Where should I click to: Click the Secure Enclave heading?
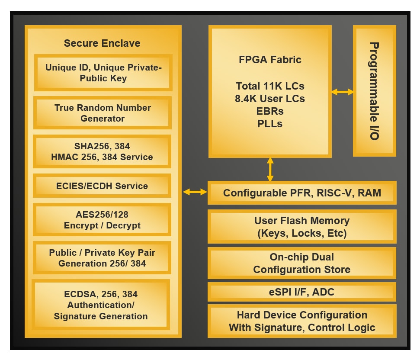click(x=102, y=43)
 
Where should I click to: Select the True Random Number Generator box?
click(x=103, y=113)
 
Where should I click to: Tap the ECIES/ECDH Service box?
click(x=102, y=186)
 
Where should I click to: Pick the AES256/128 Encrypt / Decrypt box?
click(x=102, y=220)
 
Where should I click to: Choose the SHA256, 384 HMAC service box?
click(x=102, y=151)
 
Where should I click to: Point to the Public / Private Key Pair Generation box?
click(x=102, y=258)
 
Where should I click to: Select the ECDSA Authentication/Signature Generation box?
click(x=101, y=305)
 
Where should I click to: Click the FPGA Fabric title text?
click(x=270, y=60)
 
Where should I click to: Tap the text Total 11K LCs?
click(x=270, y=86)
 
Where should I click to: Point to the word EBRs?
click(x=270, y=111)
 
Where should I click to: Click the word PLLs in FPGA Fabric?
click(x=270, y=124)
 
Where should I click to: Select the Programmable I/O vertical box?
click(x=375, y=91)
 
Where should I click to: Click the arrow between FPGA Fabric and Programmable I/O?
click(x=343, y=92)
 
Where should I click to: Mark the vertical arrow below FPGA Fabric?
click(x=270, y=169)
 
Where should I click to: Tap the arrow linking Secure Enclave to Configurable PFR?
click(x=195, y=192)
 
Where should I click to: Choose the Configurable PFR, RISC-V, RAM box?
click(x=302, y=193)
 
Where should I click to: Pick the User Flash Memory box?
click(x=302, y=227)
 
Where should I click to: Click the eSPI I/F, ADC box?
click(x=302, y=292)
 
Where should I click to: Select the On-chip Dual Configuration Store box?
click(x=302, y=263)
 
